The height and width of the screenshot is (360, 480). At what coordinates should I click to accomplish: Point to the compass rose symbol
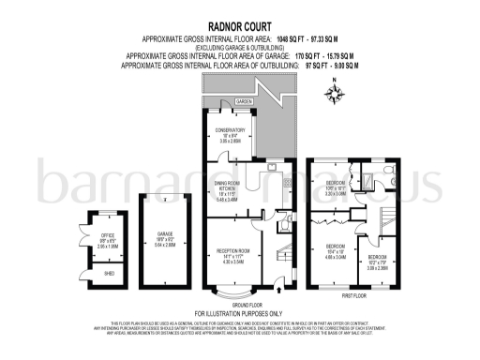tap(336, 92)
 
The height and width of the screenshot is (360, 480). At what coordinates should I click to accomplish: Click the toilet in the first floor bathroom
tap(395, 184)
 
